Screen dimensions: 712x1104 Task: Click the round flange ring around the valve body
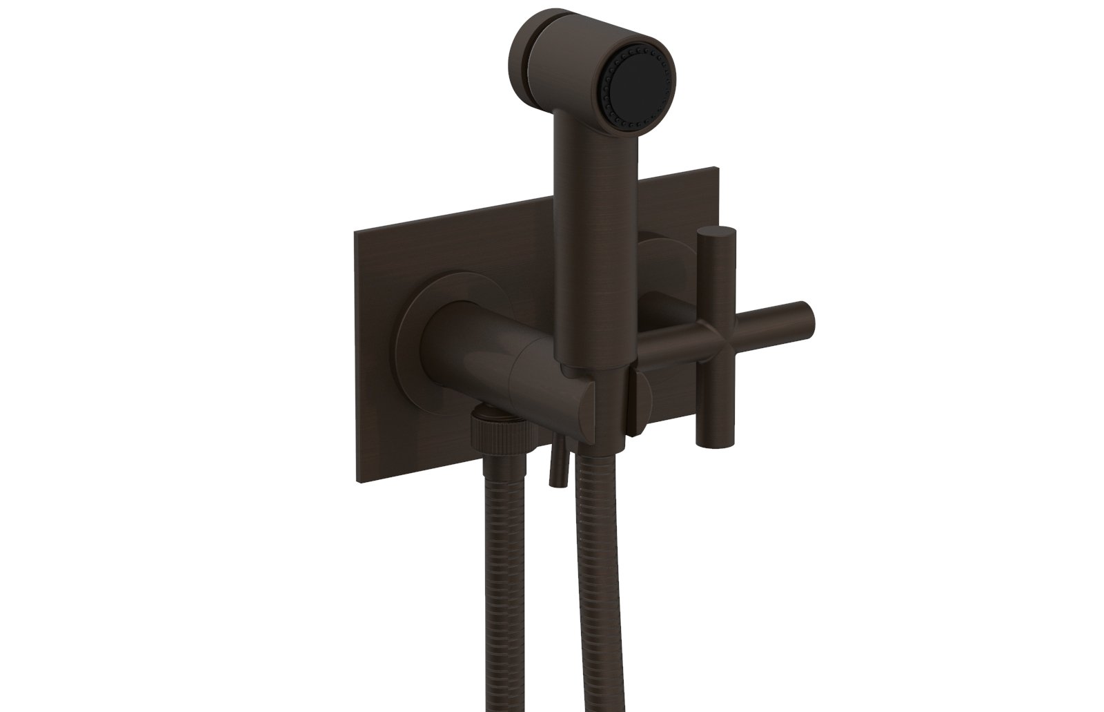(x=414, y=325)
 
